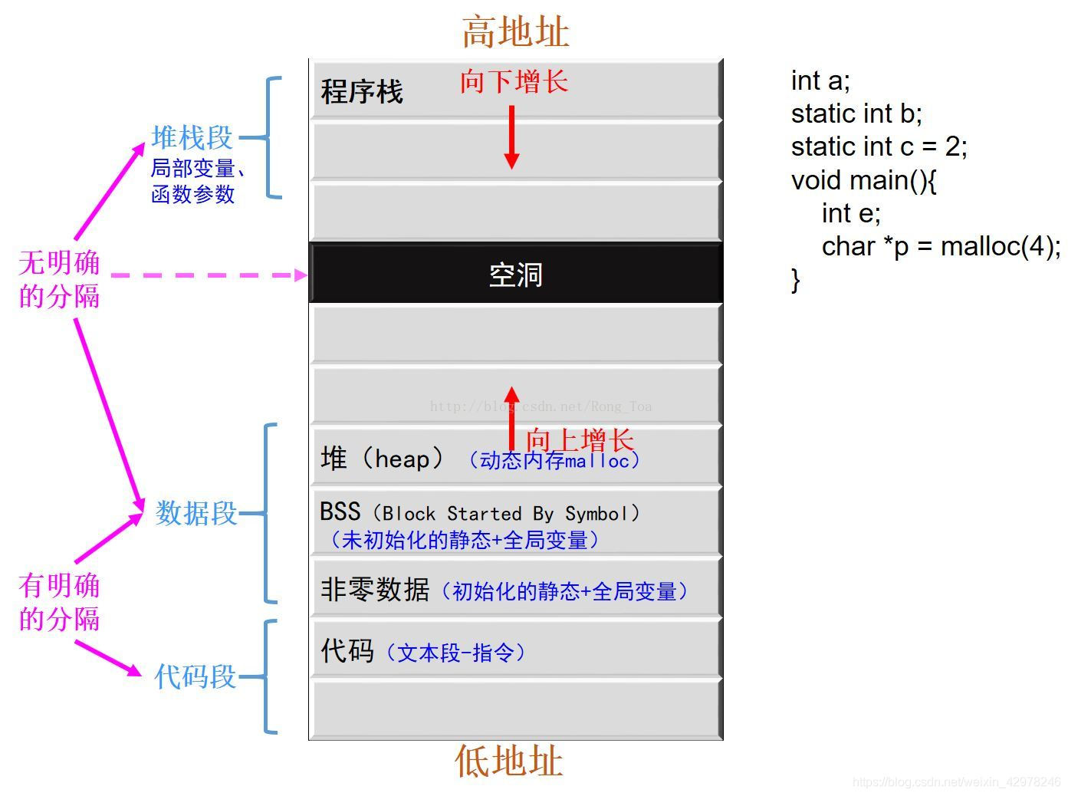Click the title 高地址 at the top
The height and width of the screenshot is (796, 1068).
coord(515,32)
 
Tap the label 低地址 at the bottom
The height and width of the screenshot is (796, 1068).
coord(509,761)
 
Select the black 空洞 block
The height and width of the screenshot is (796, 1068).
coord(515,274)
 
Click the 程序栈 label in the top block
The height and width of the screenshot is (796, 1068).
coord(362,92)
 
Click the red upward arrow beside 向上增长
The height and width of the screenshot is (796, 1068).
coord(511,418)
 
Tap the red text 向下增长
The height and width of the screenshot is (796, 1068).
coord(514,81)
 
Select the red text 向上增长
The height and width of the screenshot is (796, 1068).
coord(580,440)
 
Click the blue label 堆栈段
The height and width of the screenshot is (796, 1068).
coord(192,138)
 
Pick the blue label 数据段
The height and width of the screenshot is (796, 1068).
coord(196,513)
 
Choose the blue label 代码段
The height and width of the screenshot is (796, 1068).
coord(195,676)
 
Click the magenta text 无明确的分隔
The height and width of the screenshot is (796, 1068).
coord(59,279)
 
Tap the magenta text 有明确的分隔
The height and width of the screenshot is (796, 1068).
coord(59,602)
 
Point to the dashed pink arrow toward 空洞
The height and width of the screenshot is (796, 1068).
coord(207,275)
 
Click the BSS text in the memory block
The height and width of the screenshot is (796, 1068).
coord(340,511)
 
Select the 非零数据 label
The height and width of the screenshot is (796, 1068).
coord(374,590)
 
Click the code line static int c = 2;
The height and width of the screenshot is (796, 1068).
coord(879,146)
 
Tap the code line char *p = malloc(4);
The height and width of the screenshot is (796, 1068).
coord(941,246)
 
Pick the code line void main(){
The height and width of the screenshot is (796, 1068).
coord(863,180)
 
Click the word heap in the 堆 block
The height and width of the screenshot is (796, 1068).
coord(402,459)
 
